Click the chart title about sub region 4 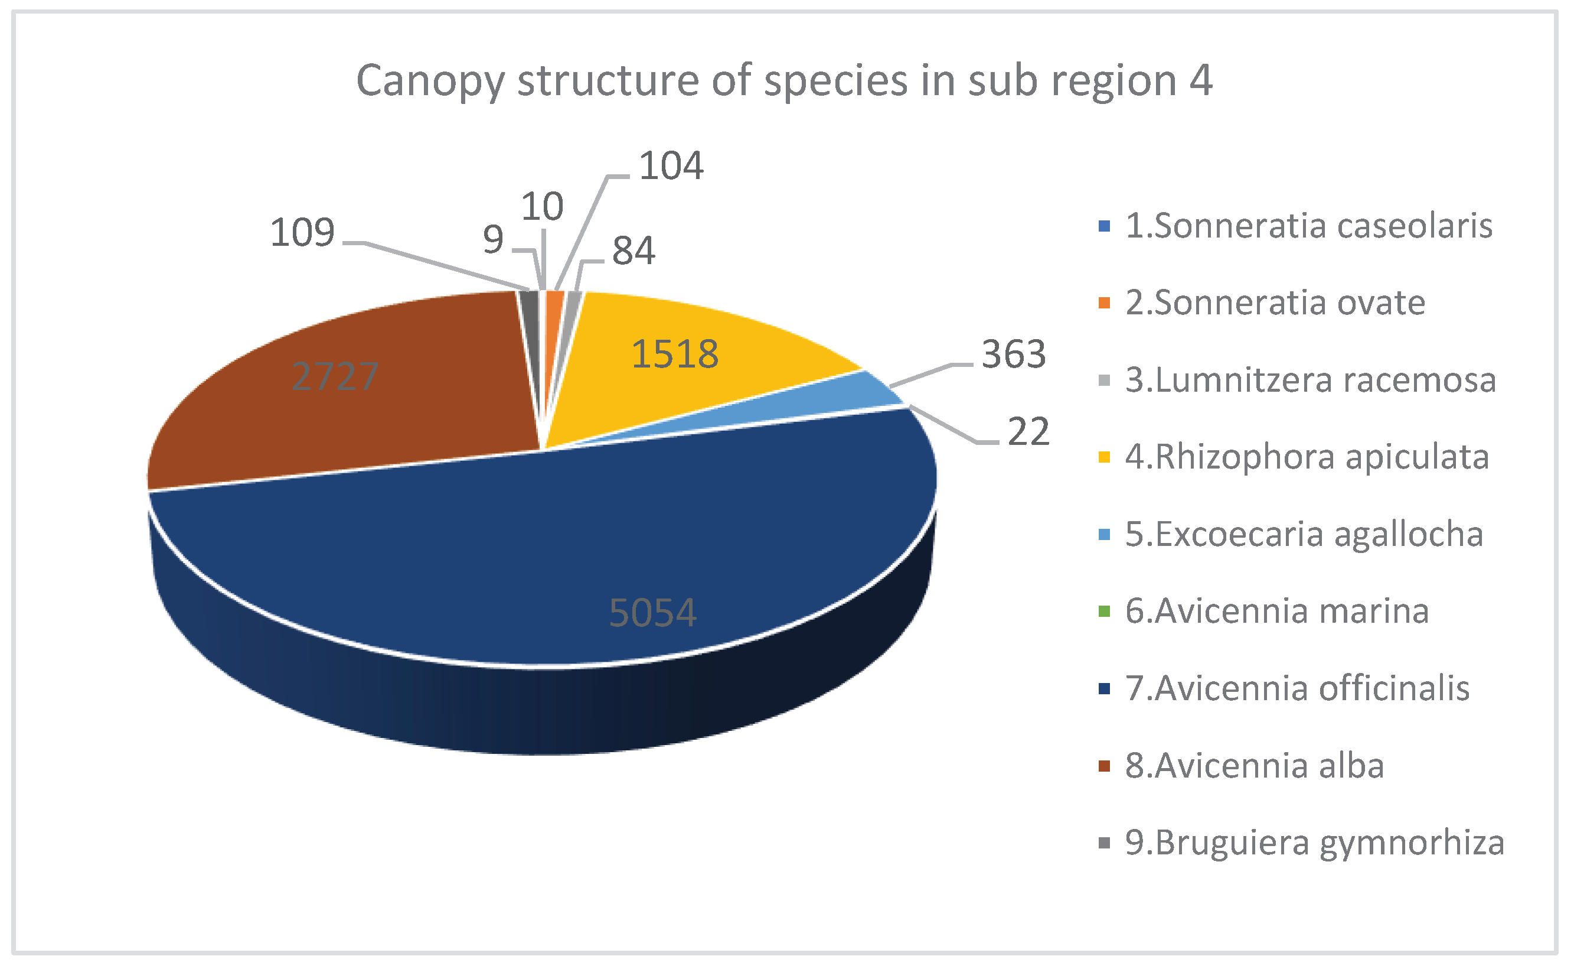click(784, 81)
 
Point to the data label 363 click(1014, 354)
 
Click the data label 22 click(1028, 431)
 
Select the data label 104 click(671, 166)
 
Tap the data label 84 click(633, 251)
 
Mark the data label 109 click(302, 232)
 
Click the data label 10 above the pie click(543, 206)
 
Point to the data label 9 click(493, 240)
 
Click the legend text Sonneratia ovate click(1275, 303)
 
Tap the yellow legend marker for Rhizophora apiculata click(1104, 457)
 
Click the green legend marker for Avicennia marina click(1104, 611)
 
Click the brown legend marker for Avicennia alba click(1104, 765)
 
